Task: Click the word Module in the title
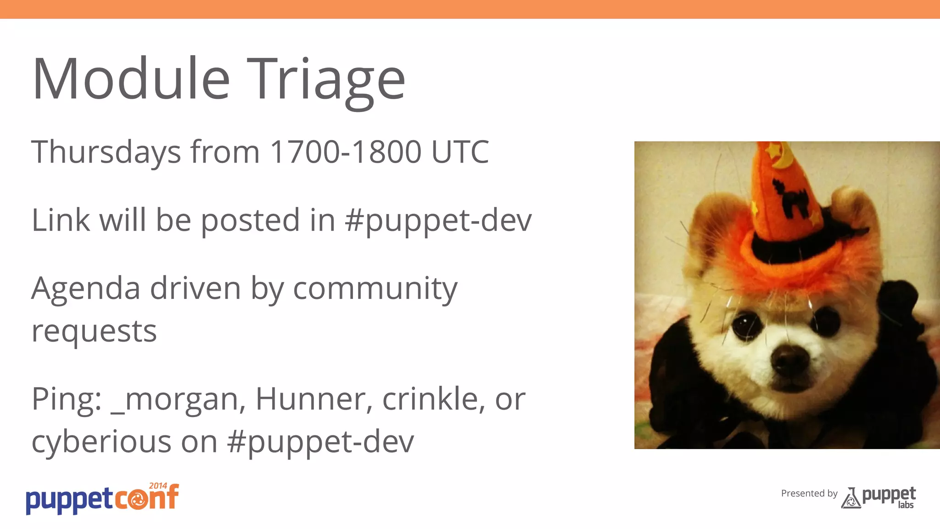(x=131, y=79)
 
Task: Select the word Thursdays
(x=106, y=152)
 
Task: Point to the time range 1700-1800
(x=345, y=152)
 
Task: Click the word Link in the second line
(x=60, y=220)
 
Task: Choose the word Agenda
(x=85, y=289)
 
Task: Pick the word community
(x=375, y=289)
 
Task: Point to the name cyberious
(x=101, y=442)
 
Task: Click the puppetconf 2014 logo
(x=102, y=499)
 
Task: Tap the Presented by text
(x=809, y=493)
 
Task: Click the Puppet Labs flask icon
(x=850, y=498)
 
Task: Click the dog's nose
(x=790, y=359)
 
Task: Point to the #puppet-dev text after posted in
(x=438, y=220)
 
